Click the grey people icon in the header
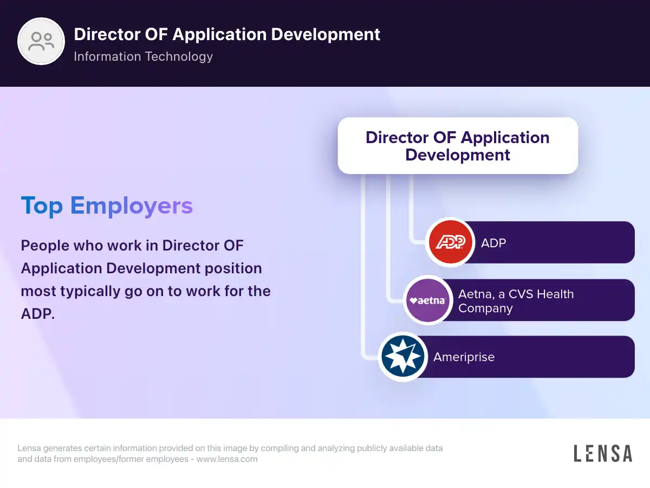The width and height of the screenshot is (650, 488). pyautogui.click(x=41, y=41)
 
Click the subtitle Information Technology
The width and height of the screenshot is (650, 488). pyautogui.click(x=144, y=56)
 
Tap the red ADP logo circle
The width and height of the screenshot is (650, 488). pyautogui.click(x=450, y=242)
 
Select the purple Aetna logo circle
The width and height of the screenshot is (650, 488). pyautogui.click(x=427, y=300)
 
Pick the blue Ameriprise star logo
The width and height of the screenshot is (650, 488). pyautogui.click(x=403, y=356)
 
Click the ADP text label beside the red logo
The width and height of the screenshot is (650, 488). pyautogui.click(x=493, y=243)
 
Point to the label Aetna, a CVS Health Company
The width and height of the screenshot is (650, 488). pyautogui.click(x=516, y=301)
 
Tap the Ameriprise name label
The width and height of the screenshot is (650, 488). pyautogui.click(x=464, y=357)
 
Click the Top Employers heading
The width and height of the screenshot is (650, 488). pyautogui.click(x=107, y=206)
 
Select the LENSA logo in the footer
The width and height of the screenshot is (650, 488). pyautogui.click(x=603, y=453)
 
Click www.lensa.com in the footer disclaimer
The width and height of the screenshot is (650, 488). pyautogui.click(x=227, y=459)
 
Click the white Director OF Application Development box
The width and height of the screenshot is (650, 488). pyautogui.click(x=458, y=146)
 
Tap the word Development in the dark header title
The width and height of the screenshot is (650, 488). pyautogui.click(x=325, y=34)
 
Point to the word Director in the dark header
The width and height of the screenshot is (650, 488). pyautogui.click(x=107, y=34)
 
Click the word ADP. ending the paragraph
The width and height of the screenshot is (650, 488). pyautogui.click(x=37, y=313)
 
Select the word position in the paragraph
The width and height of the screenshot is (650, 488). pyautogui.click(x=233, y=269)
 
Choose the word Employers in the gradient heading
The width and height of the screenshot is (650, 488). pyautogui.click(x=132, y=206)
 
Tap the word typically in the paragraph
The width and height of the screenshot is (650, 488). pyautogui.click(x=90, y=292)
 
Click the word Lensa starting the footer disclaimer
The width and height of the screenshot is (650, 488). pyautogui.click(x=29, y=448)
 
